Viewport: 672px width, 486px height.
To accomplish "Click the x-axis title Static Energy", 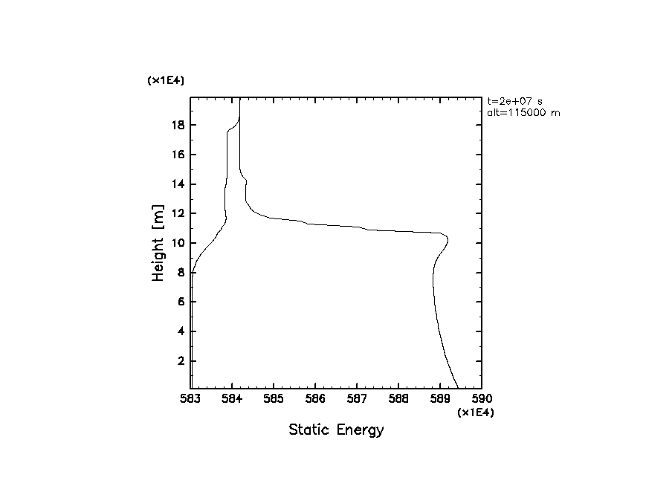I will pos(336,430).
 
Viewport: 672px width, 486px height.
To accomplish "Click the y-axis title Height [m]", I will pos(158,243).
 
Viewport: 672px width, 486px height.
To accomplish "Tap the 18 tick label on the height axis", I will pos(178,126).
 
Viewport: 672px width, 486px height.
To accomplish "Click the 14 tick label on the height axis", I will pos(178,184).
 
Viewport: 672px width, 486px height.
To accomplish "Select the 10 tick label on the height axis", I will pos(178,243).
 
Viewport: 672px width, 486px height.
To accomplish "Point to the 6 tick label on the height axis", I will pos(181,302).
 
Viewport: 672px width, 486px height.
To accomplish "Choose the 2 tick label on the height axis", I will pos(181,361).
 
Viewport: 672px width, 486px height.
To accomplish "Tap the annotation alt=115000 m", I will pos(519,111).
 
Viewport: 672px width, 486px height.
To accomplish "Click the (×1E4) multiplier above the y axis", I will pos(166,80).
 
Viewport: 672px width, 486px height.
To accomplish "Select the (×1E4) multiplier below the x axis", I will pos(476,412).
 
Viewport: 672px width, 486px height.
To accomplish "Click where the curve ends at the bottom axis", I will pos(457,387).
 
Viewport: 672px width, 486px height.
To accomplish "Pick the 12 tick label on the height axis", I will pos(178,214).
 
